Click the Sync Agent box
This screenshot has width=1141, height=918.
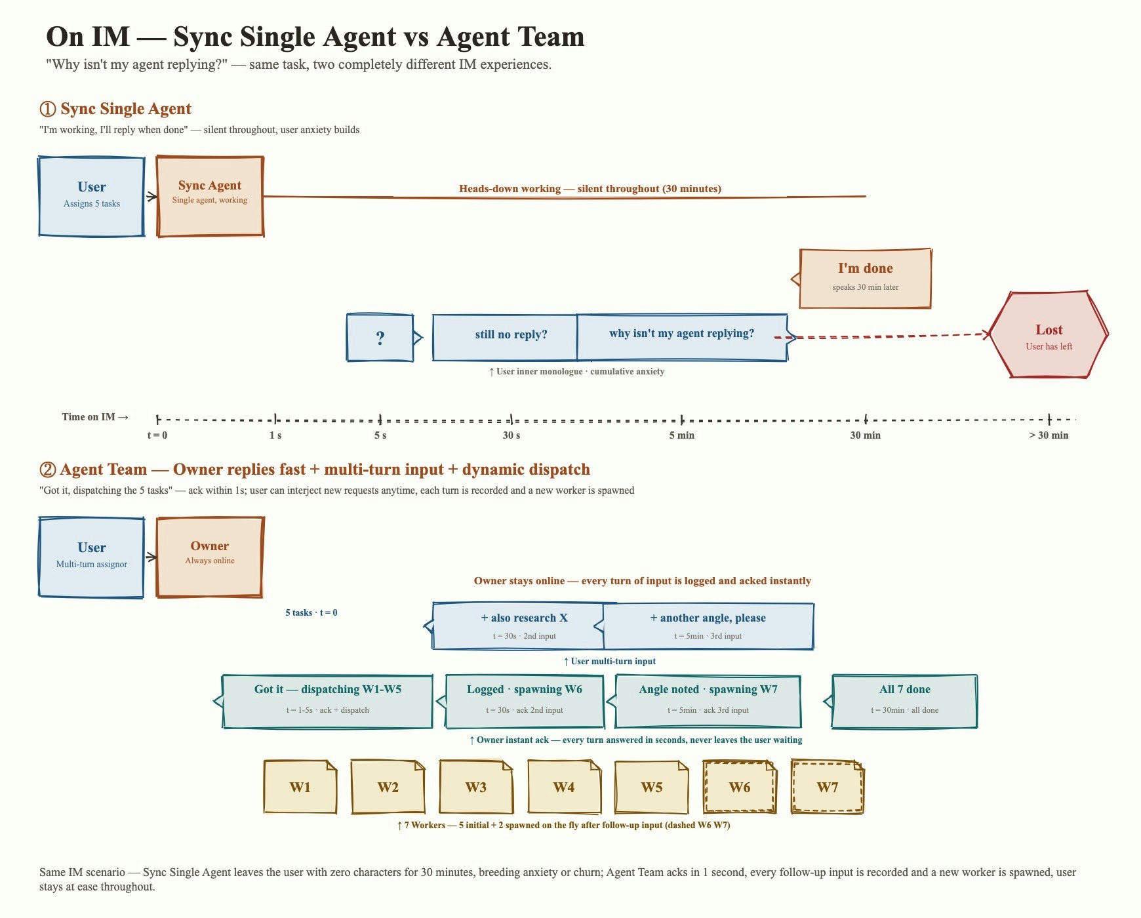[210, 196]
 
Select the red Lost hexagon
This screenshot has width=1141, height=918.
[1049, 334]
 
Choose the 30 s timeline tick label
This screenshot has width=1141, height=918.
[511, 435]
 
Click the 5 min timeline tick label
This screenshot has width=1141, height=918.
[682, 435]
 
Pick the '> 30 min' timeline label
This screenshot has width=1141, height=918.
[1049, 435]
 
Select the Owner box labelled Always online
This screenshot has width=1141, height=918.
[210, 557]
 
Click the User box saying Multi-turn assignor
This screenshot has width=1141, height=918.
[92, 557]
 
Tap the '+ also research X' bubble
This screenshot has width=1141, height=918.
[518, 626]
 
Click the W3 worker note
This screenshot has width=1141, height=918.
[476, 787]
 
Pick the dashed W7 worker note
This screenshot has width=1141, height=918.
[828, 787]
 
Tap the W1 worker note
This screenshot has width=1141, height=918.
[300, 787]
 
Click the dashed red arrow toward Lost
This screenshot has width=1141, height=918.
[883, 336]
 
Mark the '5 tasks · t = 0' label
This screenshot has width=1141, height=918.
[311, 612]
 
